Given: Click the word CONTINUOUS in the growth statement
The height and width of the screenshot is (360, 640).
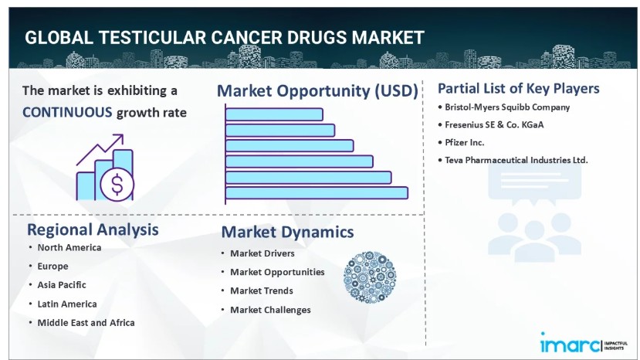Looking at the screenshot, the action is tap(67, 112).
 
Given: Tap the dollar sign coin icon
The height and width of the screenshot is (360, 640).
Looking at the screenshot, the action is tap(117, 185).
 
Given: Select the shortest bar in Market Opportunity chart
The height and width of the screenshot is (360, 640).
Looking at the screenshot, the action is tap(274, 114).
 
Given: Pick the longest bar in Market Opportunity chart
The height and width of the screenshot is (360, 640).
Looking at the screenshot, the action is tap(317, 193).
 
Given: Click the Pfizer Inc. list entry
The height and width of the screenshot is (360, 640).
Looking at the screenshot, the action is tap(465, 143).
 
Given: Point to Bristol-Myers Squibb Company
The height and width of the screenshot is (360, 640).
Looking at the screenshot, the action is tap(507, 107).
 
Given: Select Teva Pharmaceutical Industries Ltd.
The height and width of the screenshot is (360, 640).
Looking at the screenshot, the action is tap(516, 160).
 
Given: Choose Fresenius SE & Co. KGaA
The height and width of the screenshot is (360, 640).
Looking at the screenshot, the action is tap(494, 124).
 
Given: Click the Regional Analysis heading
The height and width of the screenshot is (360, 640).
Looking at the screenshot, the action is tap(93, 229).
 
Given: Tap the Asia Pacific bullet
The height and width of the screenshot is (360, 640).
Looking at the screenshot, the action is tap(62, 285).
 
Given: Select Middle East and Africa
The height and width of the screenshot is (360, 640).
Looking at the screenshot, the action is tap(86, 323).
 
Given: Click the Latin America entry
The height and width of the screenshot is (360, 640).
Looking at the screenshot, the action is tap(67, 304).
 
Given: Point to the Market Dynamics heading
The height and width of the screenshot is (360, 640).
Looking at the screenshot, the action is tap(287, 232).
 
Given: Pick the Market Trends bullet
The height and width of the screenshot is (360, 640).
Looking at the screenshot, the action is tap(262, 290).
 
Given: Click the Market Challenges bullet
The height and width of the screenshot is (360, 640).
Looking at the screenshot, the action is tap(271, 310).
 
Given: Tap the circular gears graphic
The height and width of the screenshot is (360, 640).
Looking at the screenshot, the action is tap(370, 277).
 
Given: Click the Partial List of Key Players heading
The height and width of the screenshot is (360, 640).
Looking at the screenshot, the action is tap(518, 88).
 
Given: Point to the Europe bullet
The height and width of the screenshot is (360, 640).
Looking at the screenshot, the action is tap(53, 267).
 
